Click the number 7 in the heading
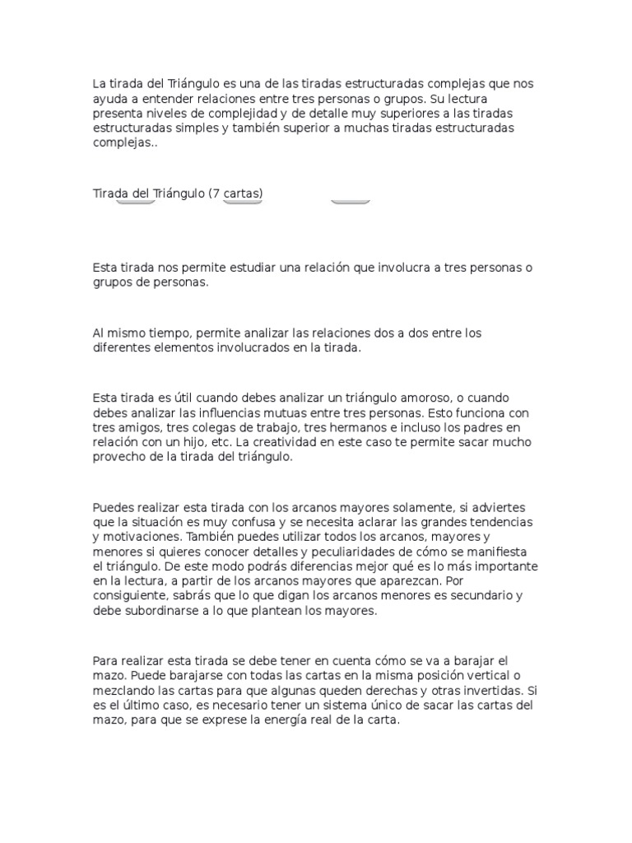(x=216, y=193)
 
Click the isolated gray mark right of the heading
(x=351, y=201)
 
